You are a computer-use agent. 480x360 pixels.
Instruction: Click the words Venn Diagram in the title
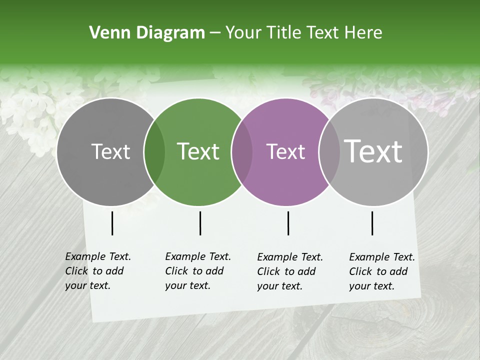click(x=146, y=33)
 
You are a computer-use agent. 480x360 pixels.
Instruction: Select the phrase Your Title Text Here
click(x=303, y=33)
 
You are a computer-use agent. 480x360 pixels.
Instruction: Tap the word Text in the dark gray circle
click(x=110, y=151)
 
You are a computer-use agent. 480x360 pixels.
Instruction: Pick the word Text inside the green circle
click(x=198, y=151)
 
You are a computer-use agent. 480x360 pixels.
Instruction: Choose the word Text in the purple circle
click(x=285, y=151)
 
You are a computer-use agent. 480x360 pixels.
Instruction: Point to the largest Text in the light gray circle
click(x=373, y=151)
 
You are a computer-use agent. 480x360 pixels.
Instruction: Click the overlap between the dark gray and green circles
click(x=154, y=152)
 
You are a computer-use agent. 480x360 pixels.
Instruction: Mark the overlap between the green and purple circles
click(x=242, y=152)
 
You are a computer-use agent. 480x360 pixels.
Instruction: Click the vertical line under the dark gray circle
click(x=112, y=223)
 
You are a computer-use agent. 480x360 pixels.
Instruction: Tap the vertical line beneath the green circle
click(x=200, y=223)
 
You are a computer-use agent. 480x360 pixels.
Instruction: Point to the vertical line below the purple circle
click(x=288, y=223)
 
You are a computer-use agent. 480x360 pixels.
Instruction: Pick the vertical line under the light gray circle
click(x=372, y=223)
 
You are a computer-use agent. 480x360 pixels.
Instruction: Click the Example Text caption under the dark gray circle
click(x=97, y=271)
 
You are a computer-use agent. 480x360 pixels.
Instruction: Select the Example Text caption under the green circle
click(x=197, y=271)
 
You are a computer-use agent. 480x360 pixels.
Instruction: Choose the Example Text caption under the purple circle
click(x=289, y=271)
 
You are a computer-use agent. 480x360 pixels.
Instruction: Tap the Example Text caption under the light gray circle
click(x=381, y=271)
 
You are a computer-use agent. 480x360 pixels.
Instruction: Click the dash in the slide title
click(x=215, y=33)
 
